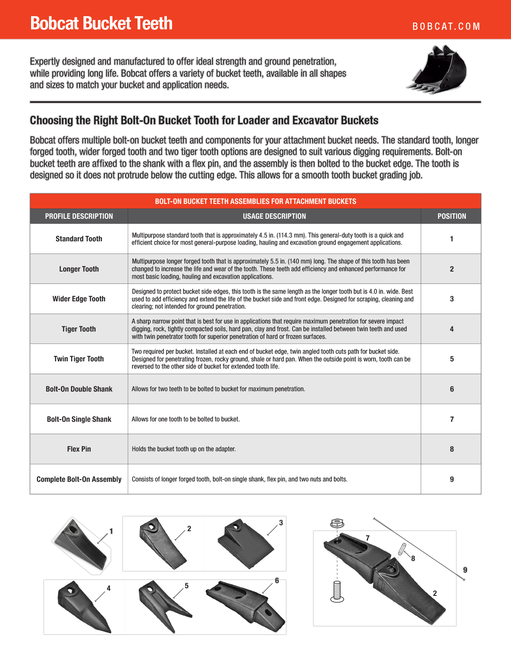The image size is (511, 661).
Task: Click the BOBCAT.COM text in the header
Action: [446, 26]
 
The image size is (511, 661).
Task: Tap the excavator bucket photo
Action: [437, 69]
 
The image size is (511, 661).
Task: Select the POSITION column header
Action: [451, 216]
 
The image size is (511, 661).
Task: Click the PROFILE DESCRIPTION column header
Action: [79, 216]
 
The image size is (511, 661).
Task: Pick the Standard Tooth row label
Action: [79, 239]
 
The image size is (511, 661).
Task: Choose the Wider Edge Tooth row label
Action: [79, 299]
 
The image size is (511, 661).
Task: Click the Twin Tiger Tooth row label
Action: [79, 359]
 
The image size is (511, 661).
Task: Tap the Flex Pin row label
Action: [79, 449]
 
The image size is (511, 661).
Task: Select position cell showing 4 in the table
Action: [451, 329]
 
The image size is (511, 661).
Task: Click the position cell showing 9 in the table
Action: [451, 479]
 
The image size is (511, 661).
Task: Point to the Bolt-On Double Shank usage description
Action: [218, 389]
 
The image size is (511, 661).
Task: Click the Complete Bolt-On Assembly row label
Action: [79, 479]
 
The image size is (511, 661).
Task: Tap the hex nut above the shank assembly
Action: [337, 523]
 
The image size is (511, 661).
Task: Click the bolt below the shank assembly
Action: [337, 592]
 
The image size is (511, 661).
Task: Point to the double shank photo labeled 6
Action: [245, 604]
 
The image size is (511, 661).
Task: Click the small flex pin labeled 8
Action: [402, 549]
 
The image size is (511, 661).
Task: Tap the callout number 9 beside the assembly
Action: [465, 570]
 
